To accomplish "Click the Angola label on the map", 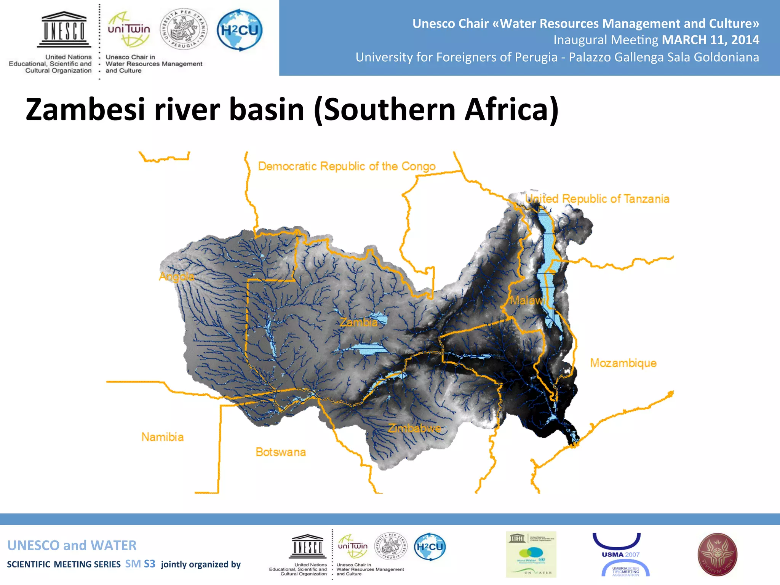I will [176, 277].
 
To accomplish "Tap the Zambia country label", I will [358, 323].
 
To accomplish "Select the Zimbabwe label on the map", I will [414, 428].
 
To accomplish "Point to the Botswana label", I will [281, 452].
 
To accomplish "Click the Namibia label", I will [162, 437].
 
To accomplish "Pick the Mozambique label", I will [623, 363].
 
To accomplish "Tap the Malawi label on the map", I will [527, 300].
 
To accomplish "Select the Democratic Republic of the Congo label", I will [347, 166].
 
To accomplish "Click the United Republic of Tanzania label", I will [597, 199].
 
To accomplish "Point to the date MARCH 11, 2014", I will [710, 40].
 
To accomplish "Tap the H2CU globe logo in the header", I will [240, 30].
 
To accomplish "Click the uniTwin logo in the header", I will [129, 30].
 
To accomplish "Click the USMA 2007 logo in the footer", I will [620, 555].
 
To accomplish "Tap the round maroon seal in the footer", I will [717, 555].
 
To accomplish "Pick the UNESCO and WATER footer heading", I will [72, 545].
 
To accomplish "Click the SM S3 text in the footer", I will [140, 564].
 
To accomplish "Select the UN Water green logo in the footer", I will [531, 555].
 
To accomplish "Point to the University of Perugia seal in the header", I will [184, 29].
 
